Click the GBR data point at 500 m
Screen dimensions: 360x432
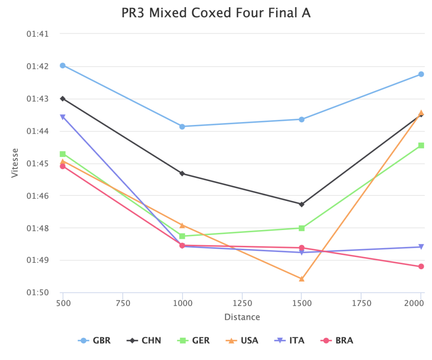pyautogui.click(x=62, y=65)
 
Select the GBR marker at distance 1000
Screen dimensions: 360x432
pyautogui.click(x=182, y=127)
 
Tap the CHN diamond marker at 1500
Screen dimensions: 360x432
pyautogui.click(x=302, y=204)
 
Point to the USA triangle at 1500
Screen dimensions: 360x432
pyautogui.click(x=302, y=279)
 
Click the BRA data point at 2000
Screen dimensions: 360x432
pyautogui.click(x=421, y=266)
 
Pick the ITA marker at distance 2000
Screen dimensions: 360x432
pyautogui.click(x=421, y=247)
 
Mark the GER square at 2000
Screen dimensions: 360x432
pyautogui.click(x=421, y=145)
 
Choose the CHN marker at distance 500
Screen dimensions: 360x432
pyautogui.click(x=62, y=98)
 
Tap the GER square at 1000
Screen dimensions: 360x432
pyautogui.click(x=182, y=236)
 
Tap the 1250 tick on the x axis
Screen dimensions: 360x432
pyautogui.click(x=242, y=303)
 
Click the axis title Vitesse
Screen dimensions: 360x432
pyautogui.click(x=15, y=162)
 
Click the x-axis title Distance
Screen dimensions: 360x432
pyautogui.click(x=242, y=317)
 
